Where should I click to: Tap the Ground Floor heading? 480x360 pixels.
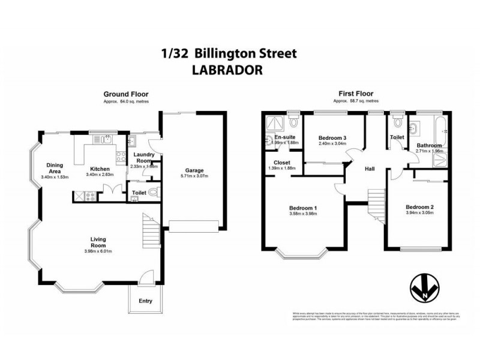(x=126, y=94)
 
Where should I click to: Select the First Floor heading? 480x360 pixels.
(x=356, y=94)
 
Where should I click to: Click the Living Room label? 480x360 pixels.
(x=98, y=242)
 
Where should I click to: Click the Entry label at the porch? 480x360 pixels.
(x=145, y=301)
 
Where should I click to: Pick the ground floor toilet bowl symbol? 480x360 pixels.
(x=152, y=193)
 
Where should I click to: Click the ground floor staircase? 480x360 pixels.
(x=150, y=228)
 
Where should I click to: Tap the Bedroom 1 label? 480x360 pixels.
(x=303, y=208)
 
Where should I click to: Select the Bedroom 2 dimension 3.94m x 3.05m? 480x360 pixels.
(x=419, y=214)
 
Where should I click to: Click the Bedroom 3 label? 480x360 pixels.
(x=332, y=138)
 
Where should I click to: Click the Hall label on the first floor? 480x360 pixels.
(x=370, y=169)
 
